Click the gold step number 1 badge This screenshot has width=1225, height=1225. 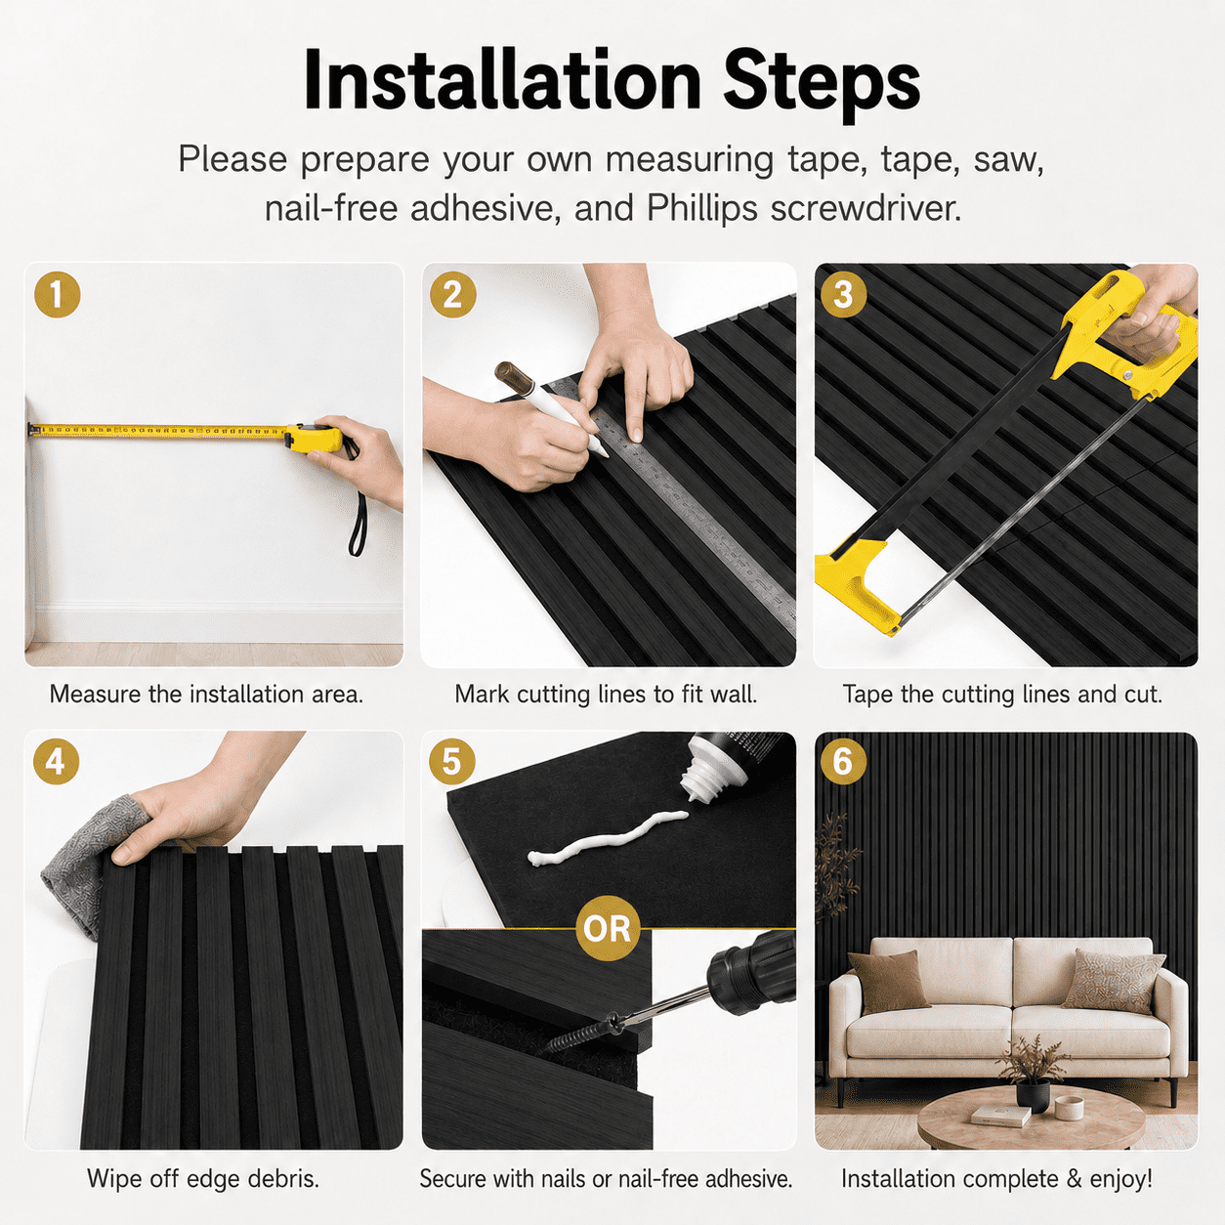[58, 295]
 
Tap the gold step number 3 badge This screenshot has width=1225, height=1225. [843, 295]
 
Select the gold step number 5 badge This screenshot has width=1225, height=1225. [451, 761]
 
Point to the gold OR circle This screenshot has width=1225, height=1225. [607, 929]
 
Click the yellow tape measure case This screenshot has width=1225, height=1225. [314, 438]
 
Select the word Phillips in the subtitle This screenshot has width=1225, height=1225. [701, 208]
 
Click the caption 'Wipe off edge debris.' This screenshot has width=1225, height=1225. [203, 1179]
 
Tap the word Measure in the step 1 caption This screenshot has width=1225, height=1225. [96, 695]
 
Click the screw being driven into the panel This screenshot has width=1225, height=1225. [578, 1039]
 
